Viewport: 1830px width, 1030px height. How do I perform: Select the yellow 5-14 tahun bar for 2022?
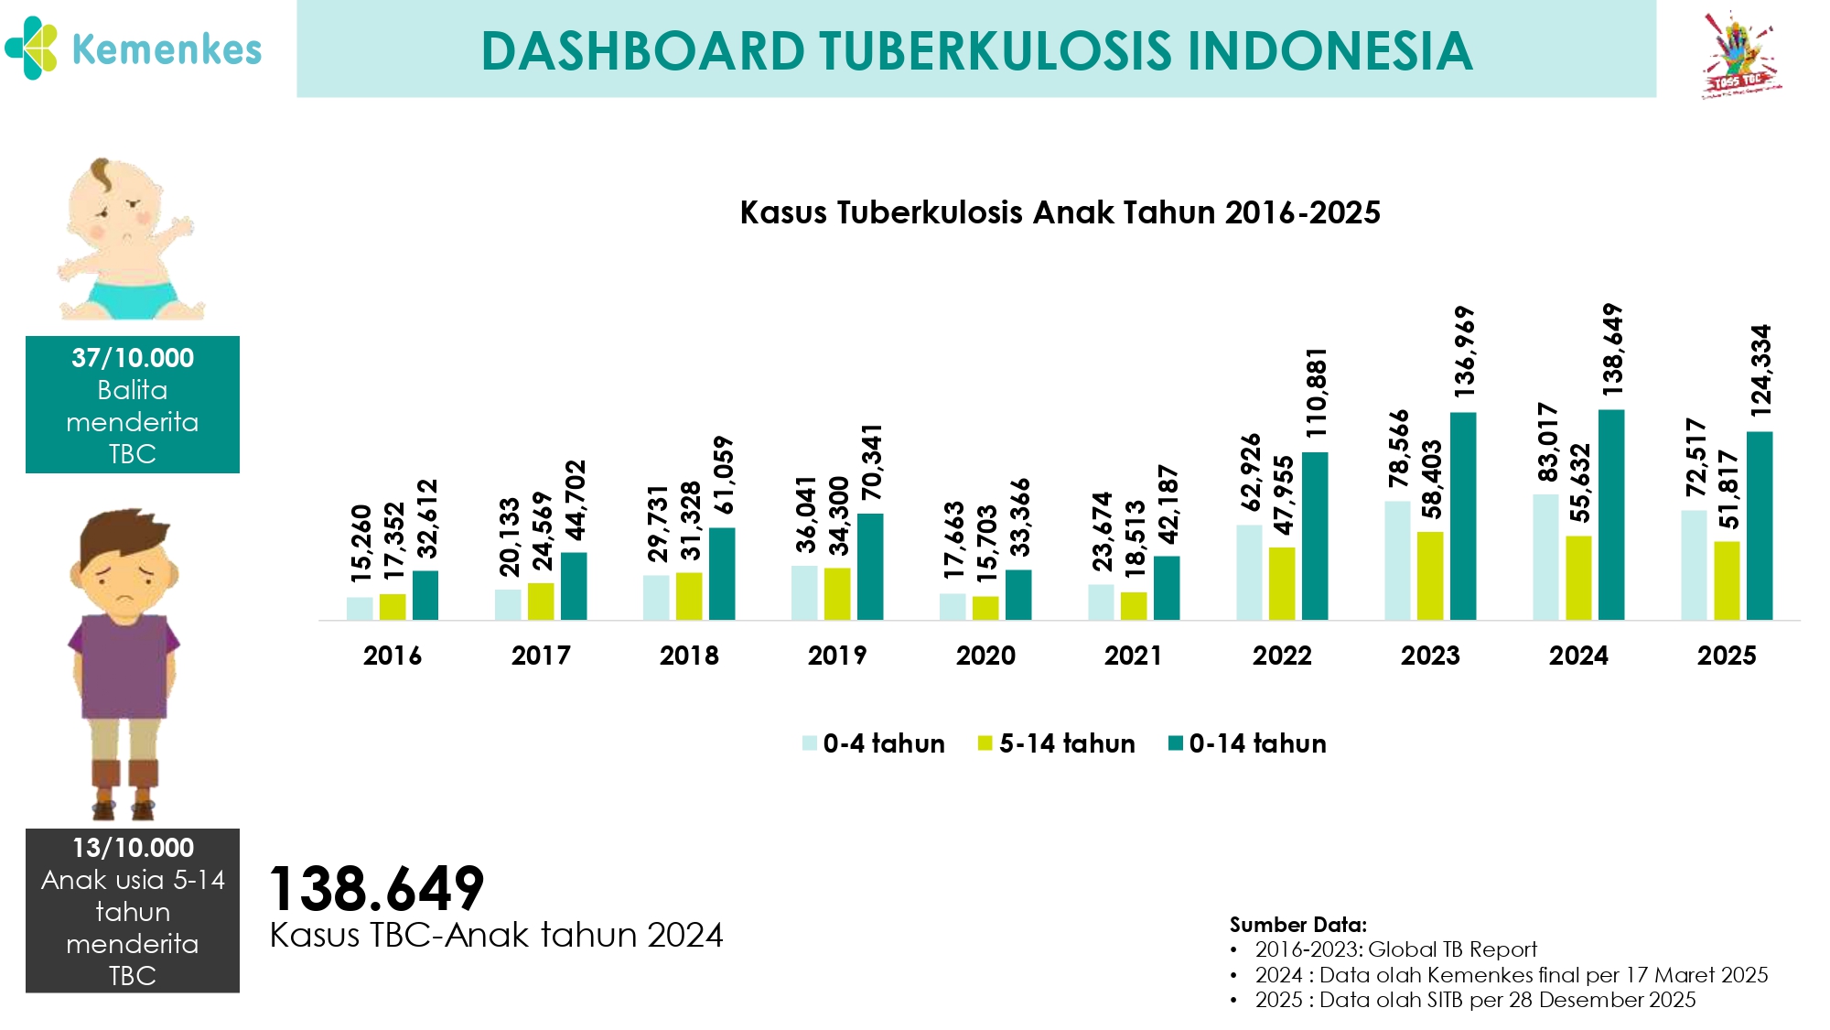(x=1282, y=583)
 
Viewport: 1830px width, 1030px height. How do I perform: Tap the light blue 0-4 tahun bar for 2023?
(x=1397, y=560)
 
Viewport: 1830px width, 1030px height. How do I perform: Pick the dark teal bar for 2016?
(x=425, y=595)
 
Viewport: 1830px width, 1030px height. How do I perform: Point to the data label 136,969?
(x=1464, y=352)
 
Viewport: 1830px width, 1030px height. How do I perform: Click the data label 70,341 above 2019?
(x=871, y=461)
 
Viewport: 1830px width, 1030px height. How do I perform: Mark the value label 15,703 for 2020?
(x=986, y=544)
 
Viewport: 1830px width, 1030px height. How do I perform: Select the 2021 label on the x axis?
(x=1134, y=656)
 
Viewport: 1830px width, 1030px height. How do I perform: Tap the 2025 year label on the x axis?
(x=1727, y=656)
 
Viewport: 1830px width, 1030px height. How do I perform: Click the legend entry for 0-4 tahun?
(x=874, y=743)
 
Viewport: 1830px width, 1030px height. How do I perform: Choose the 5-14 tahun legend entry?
(x=1057, y=743)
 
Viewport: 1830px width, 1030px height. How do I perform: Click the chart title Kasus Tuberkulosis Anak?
(x=1060, y=212)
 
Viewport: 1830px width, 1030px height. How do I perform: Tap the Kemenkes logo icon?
(x=31, y=49)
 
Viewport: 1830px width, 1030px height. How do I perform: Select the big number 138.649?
(x=376, y=888)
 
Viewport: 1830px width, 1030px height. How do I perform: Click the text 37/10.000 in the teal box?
(x=133, y=358)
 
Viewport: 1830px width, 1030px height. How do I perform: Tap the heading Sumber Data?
(x=1297, y=925)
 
